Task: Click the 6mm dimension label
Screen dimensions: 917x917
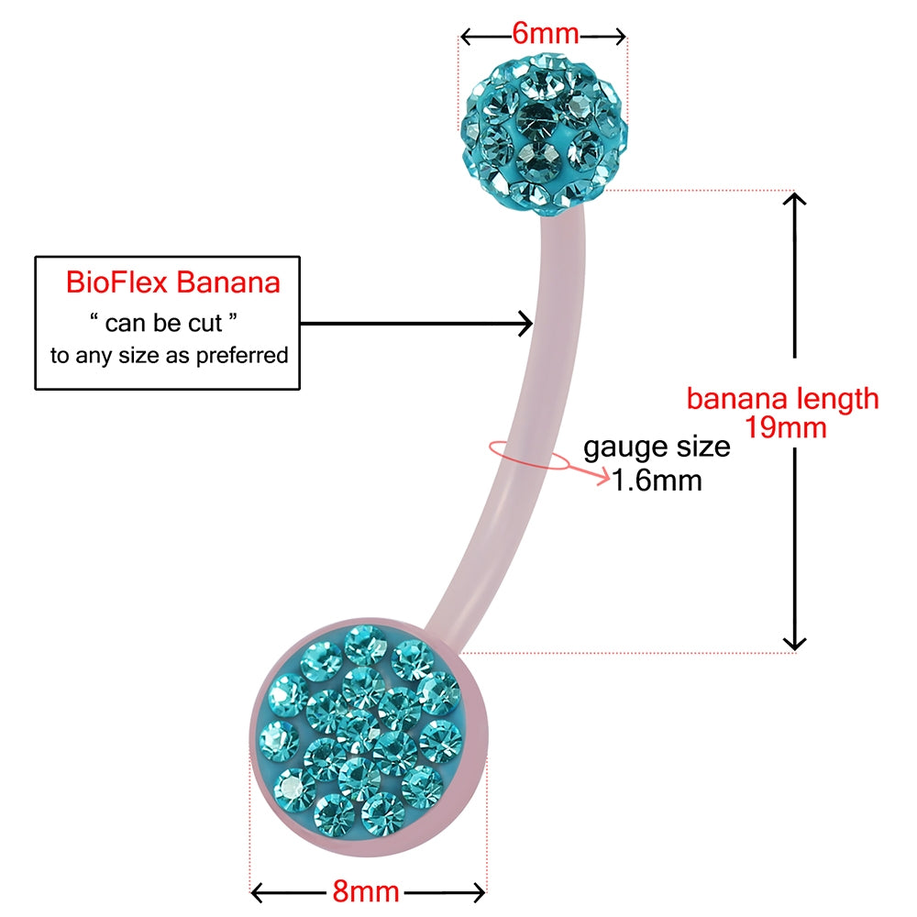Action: [546, 34]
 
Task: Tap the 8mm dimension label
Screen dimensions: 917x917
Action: [365, 891]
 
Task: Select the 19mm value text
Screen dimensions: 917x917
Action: [786, 427]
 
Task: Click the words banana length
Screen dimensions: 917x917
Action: [782, 399]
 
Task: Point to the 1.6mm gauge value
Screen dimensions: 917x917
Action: [657, 481]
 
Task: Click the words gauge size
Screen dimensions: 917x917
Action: [657, 447]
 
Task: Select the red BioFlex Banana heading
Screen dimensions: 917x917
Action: [172, 282]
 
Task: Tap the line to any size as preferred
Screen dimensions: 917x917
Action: [170, 356]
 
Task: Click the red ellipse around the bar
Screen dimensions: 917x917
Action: [527, 455]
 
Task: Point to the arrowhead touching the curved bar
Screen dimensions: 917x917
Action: [525, 323]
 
